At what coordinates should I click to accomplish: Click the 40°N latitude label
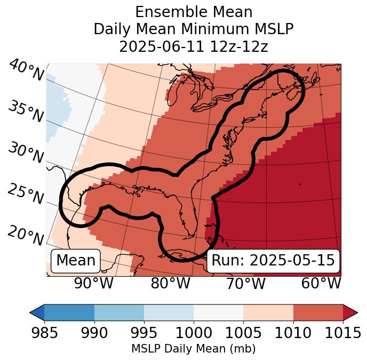point(26,71)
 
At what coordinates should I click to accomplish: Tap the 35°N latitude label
point(25,112)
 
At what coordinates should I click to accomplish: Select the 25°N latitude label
point(25,194)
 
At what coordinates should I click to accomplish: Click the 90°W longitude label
point(93,283)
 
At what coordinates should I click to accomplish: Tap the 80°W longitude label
point(170,283)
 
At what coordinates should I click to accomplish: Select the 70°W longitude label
point(245,283)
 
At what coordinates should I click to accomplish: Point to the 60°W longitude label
point(321,283)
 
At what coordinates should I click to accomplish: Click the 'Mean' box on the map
point(76,261)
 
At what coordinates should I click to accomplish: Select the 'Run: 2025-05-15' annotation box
point(273,261)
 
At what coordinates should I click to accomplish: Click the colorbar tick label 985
point(44,333)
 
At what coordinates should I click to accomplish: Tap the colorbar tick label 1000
point(194,333)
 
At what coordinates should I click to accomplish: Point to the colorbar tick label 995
point(144,333)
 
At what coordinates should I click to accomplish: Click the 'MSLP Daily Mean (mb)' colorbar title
point(193,349)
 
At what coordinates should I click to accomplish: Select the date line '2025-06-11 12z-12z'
point(194,46)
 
